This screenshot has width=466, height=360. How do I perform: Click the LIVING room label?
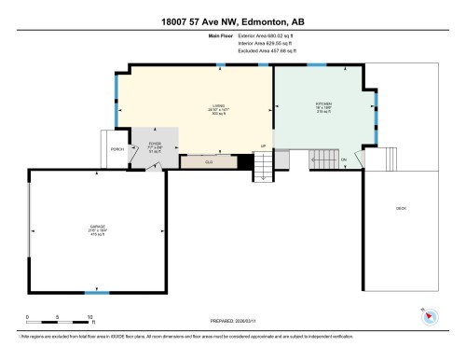tap(218, 107)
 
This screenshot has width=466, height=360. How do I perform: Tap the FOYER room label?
tap(156, 145)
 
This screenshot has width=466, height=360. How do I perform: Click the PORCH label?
tap(116, 149)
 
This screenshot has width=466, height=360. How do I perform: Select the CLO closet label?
tap(208, 160)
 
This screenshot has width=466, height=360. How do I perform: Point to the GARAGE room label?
tap(96, 227)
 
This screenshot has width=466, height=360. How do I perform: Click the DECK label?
tap(401, 208)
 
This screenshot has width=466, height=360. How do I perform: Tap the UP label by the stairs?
tap(264, 146)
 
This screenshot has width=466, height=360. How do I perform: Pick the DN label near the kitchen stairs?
tap(344, 160)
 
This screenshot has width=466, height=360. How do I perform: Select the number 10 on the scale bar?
tap(89, 318)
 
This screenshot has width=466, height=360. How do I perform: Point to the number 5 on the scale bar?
tap(58, 318)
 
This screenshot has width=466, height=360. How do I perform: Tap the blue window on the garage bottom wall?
tap(91, 293)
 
